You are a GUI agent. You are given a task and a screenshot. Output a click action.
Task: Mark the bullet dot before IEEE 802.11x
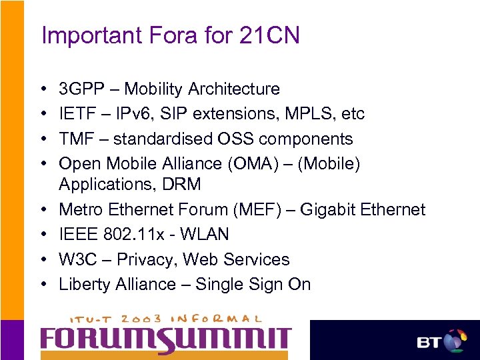pos(42,235)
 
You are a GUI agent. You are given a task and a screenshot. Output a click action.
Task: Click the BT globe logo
pos(454,341)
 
